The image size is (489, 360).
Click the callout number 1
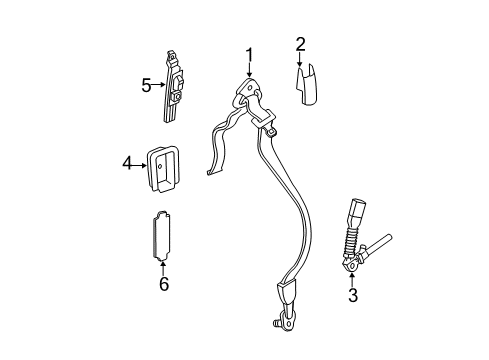pos(250,55)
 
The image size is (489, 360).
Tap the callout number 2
pos(299,43)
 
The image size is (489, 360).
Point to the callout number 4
pos(127,159)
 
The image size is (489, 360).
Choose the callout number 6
pos(164,285)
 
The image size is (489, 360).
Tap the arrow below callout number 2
pos(299,59)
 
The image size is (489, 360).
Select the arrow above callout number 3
pos(352,277)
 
